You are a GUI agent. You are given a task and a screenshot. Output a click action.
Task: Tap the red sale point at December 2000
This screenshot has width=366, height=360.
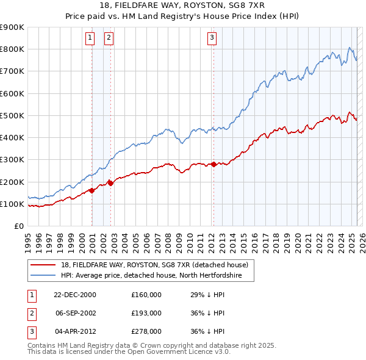tap(92, 190)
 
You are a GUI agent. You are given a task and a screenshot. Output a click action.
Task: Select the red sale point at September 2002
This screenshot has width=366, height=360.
tap(110, 182)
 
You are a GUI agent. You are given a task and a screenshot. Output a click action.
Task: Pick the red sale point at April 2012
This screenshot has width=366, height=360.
tap(214, 164)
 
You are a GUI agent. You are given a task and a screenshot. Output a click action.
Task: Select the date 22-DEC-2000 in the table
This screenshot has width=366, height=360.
tap(74, 295)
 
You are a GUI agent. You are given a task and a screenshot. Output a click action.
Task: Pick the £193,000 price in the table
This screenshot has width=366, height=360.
tap(146, 313)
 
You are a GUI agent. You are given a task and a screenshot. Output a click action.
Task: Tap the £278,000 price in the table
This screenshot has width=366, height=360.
tap(146, 331)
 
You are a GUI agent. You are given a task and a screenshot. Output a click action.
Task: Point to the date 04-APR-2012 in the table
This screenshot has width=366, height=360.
tap(74, 331)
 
